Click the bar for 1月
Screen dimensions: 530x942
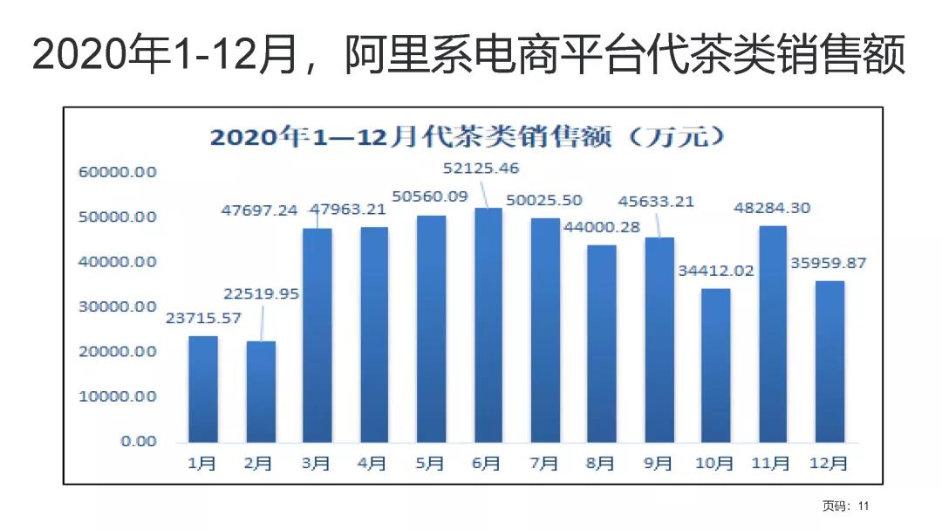coord(203,389)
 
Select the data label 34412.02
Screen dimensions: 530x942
coord(715,271)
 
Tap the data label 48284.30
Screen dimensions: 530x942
coord(773,208)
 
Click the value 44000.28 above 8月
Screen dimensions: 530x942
coord(602,227)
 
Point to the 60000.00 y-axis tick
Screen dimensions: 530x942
coord(119,172)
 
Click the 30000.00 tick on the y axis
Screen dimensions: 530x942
coord(119,306)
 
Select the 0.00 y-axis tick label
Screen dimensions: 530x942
coord(138,441)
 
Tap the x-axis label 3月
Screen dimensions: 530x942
coord(316,464)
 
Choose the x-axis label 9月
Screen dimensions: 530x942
coord(659,464)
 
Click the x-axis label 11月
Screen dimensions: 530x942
coord(773,464)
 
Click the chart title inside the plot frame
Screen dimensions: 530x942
coord(469,137)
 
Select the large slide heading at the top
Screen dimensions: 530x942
coord(469,54)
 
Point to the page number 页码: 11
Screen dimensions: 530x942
coord(846,506)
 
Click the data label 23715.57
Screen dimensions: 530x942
coord(203,318)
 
